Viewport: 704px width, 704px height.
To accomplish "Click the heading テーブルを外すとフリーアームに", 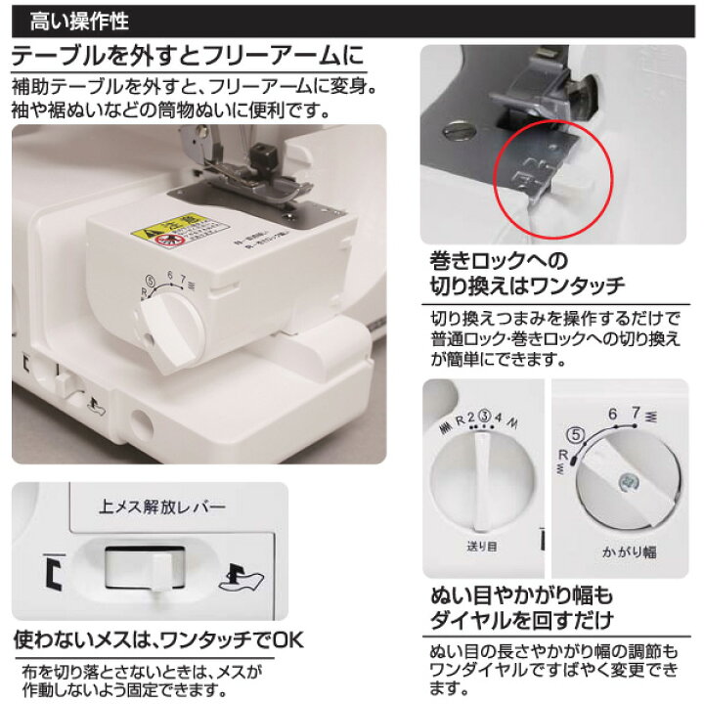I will [x=186, y=55].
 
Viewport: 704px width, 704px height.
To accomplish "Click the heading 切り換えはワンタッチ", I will [x=528, y=286].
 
